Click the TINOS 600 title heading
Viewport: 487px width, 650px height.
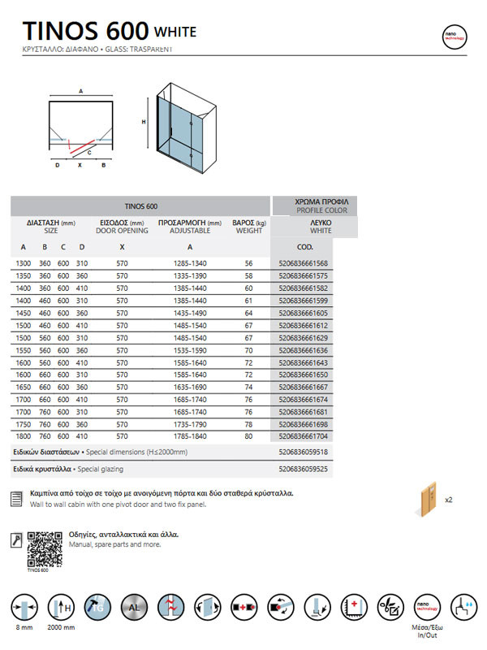click(85, 31)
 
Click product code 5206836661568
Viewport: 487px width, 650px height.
click(303, 263)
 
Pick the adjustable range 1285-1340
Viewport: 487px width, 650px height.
click(190, 263)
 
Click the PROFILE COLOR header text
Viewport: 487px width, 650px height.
click(321, 210)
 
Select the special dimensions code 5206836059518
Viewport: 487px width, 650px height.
click(303, 452)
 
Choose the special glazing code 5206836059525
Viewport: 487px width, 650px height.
click(303, 470)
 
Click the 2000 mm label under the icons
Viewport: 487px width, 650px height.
click(62, 629)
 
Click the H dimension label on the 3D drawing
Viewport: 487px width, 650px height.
click(144, 122)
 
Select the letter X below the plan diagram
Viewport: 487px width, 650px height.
click(80, 165)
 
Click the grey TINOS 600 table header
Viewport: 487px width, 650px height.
click(141, 206)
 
